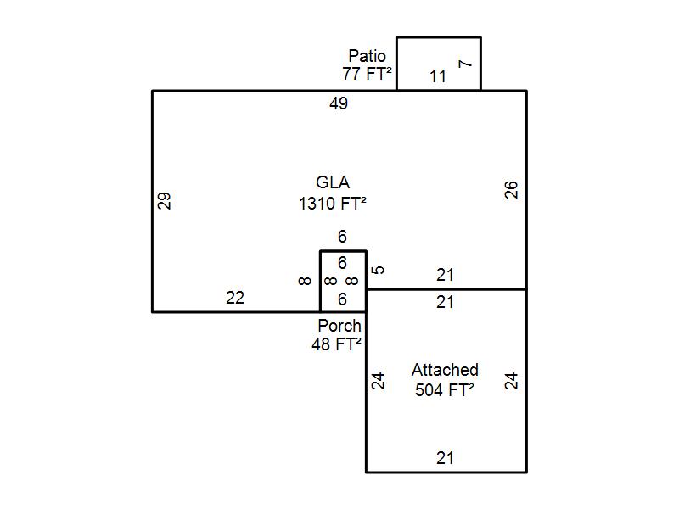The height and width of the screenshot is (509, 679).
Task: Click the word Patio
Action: (x=367, y=57)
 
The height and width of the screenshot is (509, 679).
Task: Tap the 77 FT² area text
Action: (x=367, y=74)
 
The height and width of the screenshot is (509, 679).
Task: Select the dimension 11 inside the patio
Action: (x=437, y=76)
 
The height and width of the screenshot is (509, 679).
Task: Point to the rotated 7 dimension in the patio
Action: (x=464, y=64)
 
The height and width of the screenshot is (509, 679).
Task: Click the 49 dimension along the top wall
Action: (x=339, y=103)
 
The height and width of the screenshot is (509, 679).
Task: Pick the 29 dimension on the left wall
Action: (x=165, y=201)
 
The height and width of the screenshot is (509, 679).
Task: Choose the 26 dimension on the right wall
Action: (x=511, y=189)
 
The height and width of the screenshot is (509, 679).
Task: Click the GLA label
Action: (x=333, y=182)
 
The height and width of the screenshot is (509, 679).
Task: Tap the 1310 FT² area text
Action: (x=333, y=204)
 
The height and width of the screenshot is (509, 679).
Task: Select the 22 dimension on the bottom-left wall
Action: (x=235, y=298)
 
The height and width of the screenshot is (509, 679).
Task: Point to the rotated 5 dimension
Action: (x=379, y=270)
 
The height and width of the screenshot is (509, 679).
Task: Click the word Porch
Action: (x=339, y=326)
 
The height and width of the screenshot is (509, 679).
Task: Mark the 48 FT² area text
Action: (x=336, y=344)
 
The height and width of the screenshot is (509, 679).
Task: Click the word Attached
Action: (x=445, y=370)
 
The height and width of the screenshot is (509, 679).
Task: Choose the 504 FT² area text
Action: (x=444, y=390)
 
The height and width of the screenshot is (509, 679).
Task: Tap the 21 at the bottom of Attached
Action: (x=445, y=458)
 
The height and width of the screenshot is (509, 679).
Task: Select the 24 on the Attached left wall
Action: (x=379, y=380)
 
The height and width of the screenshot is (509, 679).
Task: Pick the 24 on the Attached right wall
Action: (x=511, y=380)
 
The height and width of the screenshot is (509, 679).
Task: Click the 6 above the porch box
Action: (x=342, y=237)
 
